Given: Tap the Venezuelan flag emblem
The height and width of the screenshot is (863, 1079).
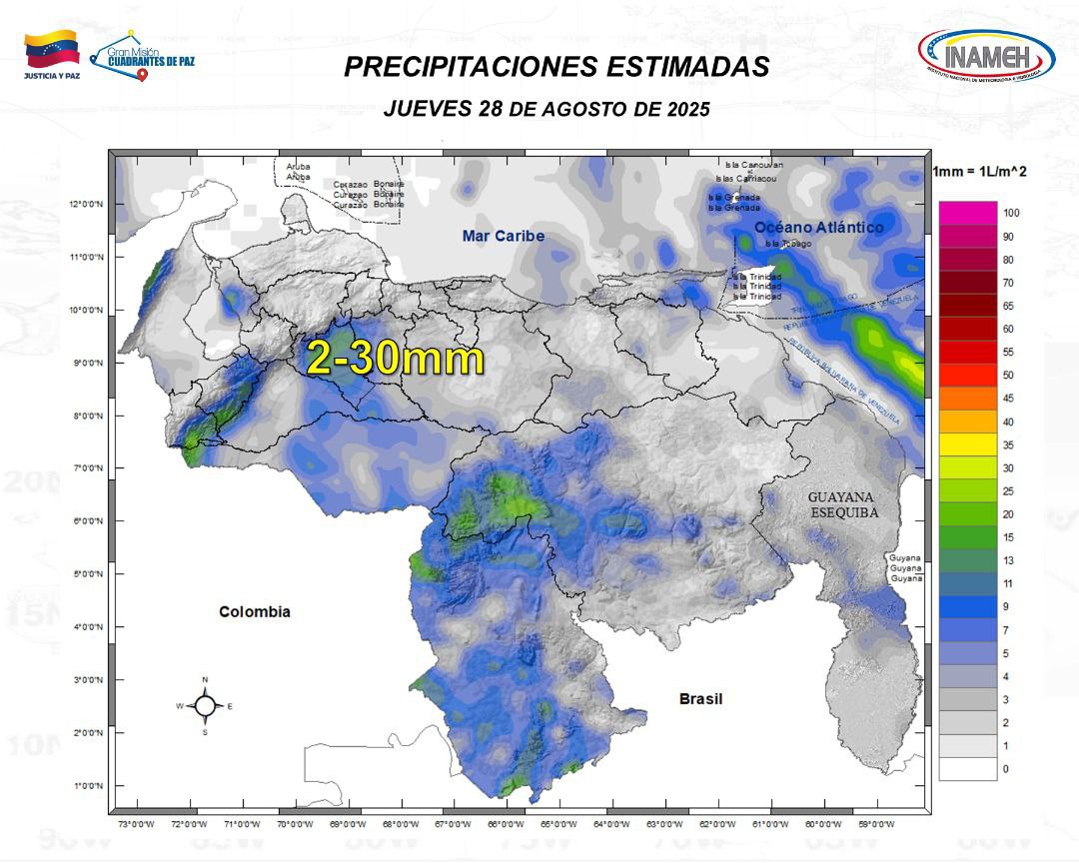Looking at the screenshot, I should click(52, 50).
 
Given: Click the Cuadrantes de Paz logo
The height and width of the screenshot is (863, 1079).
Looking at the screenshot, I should click(143, 55).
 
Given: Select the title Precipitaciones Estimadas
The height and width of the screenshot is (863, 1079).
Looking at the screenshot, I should click(556, 67).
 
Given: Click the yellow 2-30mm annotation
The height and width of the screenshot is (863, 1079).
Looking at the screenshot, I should click(396, 358).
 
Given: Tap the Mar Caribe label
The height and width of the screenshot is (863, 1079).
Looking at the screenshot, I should click(504, 236).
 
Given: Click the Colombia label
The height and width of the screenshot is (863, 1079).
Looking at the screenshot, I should click(255, 611).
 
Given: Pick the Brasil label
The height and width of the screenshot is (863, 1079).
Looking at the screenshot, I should click(700, 698).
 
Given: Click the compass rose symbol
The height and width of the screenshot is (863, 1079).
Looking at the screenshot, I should click(205, 705).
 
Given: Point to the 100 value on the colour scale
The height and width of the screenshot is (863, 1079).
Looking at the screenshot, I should click(1011, 214).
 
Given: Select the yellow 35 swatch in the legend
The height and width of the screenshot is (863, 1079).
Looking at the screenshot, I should click(967, 444).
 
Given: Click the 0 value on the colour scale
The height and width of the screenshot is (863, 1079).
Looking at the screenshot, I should click(1006, 769).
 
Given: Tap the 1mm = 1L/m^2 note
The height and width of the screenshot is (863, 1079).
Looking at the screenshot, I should click(979, 172).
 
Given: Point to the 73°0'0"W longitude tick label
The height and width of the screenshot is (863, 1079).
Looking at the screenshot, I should click(136, 824).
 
